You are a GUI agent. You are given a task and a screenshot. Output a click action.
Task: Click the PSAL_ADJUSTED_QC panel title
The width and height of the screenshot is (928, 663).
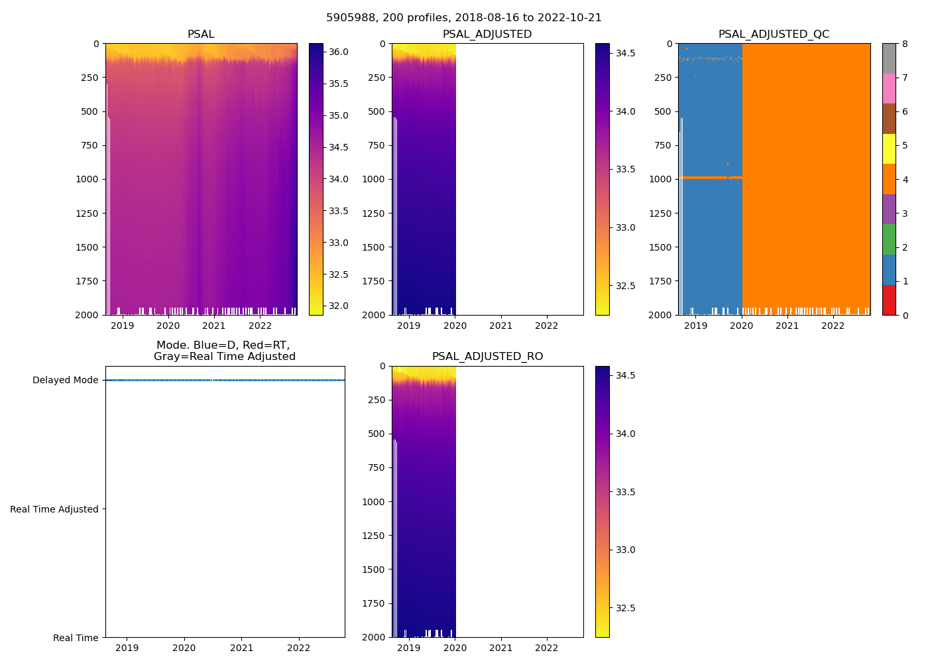(774, 34)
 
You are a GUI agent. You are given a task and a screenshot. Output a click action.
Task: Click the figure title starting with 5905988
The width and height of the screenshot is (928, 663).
(464, 18)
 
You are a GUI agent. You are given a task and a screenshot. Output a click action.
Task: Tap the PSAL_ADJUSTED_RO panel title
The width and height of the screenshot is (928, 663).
(487, 356)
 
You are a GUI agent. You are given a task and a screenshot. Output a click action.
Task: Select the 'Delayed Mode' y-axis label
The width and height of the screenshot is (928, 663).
(65, 380)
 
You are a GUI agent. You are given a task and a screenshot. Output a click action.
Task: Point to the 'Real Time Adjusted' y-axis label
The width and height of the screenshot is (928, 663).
(54, 509)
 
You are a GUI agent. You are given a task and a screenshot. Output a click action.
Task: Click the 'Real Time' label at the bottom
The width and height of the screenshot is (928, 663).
(76, 638)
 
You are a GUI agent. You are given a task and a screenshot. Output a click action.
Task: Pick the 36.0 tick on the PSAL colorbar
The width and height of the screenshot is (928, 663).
(339, 52)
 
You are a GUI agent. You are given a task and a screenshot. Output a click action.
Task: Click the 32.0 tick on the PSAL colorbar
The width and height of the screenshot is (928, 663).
(339, 306)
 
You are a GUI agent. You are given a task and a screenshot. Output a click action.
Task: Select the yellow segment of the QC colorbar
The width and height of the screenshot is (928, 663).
(889, 149)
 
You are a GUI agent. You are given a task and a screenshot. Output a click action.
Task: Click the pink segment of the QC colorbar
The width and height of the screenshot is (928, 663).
(889, 88)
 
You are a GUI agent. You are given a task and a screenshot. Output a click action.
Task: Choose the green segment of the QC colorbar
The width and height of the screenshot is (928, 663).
(889, 239)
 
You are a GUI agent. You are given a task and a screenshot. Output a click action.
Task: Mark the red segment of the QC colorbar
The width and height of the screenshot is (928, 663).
(889, 300)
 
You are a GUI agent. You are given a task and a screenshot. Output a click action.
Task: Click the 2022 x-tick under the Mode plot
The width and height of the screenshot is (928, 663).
(299, 648)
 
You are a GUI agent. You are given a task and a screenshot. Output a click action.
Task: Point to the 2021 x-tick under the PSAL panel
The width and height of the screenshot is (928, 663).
(214, 326)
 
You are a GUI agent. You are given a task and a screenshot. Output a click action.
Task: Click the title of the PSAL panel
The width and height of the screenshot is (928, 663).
(201, 34)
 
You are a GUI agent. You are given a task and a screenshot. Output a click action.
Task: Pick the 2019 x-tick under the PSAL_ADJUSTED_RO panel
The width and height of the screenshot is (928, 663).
(408, 648)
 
